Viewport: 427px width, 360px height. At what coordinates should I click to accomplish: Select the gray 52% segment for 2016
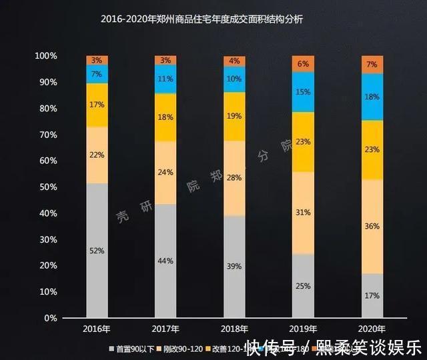(97, 250)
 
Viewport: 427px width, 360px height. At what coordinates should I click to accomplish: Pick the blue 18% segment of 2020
(372, 97)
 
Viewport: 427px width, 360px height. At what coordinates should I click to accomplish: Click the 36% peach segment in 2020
(372, 226)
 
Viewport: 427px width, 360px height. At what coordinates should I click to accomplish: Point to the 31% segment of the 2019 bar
(303, 213)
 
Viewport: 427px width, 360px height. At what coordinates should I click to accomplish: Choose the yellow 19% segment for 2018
(234, 116)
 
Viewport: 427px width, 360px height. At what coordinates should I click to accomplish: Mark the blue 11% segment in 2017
(165, 79)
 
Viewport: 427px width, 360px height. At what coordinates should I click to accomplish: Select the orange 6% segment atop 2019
(303, 63)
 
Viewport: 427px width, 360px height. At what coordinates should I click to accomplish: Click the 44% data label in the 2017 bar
(165, 261)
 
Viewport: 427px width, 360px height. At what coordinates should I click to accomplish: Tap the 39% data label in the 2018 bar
(234, 267)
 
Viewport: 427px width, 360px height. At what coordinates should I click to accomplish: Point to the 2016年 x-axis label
(97, 329)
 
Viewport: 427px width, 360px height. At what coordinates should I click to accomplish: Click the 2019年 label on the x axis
(303, 329)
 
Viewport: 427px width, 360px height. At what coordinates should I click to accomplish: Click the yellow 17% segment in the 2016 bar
(97, 105)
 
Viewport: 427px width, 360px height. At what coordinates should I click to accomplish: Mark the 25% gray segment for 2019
(303, 286)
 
